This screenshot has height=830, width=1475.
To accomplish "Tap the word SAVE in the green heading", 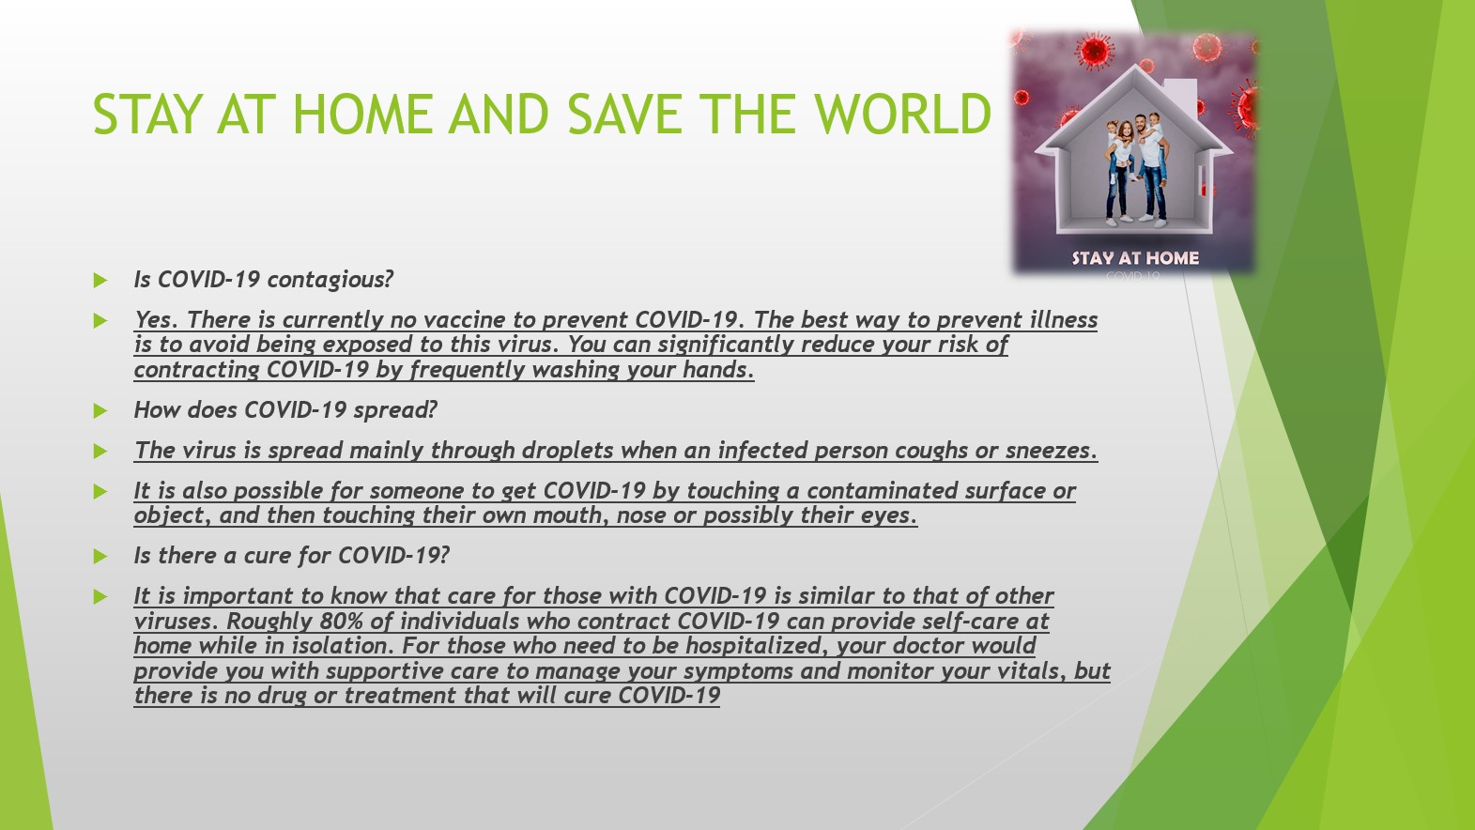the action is (x=622, y=114).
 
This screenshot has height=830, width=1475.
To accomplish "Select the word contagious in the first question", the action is (x=330, y=280).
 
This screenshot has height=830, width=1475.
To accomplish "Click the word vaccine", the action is (x=464, y=320).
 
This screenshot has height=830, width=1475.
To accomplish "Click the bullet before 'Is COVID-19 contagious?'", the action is (x=100, y=281).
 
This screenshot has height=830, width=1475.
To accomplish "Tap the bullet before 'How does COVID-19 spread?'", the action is (x=100, y=411).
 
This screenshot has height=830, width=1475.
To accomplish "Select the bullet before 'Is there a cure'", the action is (x=100, y=557).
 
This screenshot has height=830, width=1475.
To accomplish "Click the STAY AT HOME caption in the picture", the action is (x=1135, y=258).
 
